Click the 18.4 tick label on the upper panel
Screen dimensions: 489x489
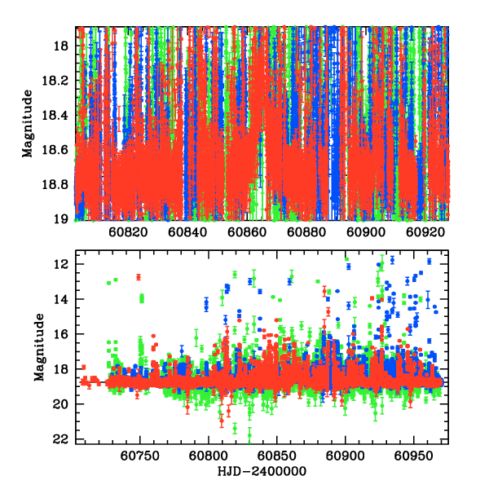tap(57, 115)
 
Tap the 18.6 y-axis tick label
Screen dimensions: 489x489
tap(57, 150)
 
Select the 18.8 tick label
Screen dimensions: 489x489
tap(57, 184)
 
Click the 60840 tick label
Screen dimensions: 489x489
tap(187, 232)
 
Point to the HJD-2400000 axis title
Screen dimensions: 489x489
tap(260, 472)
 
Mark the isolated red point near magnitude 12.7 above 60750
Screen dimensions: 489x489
tap(139, 277)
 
